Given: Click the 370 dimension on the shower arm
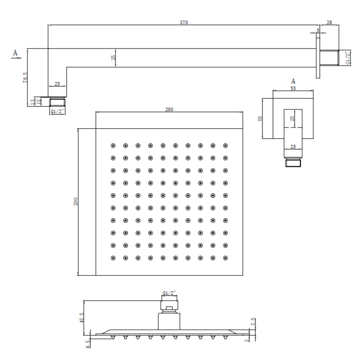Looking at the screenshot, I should coord(184,22).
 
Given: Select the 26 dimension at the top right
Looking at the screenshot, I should coord(329,22).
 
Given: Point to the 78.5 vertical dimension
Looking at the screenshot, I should coord(25,77).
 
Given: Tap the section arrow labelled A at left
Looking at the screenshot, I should coord(16,54).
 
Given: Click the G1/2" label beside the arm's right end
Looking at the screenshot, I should coord(348,58).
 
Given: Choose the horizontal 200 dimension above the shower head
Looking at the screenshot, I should coord(169,109).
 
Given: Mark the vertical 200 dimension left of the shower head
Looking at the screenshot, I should coord(75,202).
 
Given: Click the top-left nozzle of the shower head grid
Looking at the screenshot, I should coord(113,145).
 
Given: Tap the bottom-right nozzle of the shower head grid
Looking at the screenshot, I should coord(226,258).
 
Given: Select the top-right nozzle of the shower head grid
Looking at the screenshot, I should coord(226,145).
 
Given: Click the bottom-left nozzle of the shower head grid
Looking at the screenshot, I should coord(113,258).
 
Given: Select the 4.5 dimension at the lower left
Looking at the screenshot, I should coord(87,344).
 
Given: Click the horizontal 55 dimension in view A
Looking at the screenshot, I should coord(293,88).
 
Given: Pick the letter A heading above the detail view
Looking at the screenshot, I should coord(293,81).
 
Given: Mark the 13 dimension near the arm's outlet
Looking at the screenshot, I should coord(33,101).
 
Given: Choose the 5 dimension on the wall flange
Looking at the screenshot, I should coord(318,30).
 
